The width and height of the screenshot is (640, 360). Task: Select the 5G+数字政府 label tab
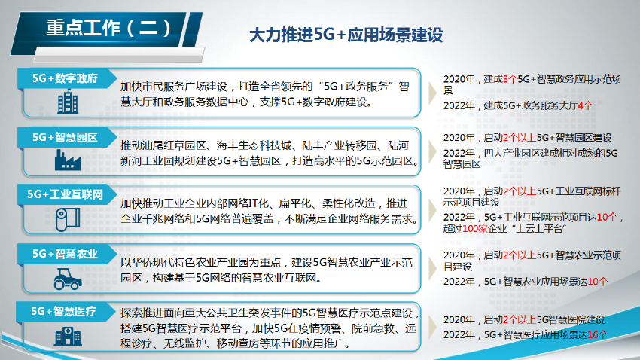tap(65, 78)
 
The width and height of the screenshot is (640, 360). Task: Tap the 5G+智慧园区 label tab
tap(65, 137)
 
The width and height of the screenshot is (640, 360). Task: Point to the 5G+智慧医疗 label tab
tap(65, 310)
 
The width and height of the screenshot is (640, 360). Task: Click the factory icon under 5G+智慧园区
tap(66, 160)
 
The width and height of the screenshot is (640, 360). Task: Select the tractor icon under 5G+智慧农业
tap(66, 277)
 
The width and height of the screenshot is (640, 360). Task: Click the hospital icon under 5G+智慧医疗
tap(66, 335)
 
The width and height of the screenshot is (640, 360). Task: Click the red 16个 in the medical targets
tap(596, 334)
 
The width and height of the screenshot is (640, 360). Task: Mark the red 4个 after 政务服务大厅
tap(585, 105)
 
